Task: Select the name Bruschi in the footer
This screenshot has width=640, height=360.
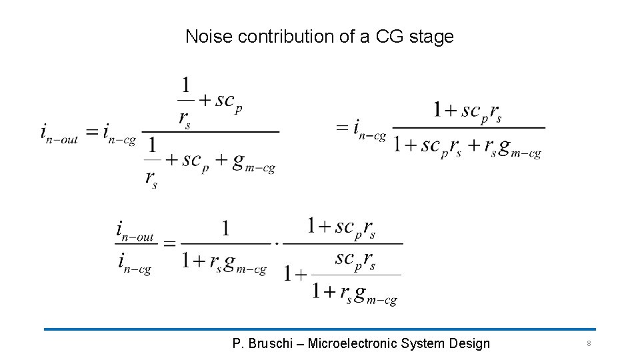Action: coord(269,344)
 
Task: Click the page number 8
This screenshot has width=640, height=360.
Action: coord(589,344)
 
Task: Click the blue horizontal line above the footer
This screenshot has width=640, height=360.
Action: coord(320,329)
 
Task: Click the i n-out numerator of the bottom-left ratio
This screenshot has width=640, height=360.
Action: coord(135,231)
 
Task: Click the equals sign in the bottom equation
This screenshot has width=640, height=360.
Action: coord(169,244)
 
